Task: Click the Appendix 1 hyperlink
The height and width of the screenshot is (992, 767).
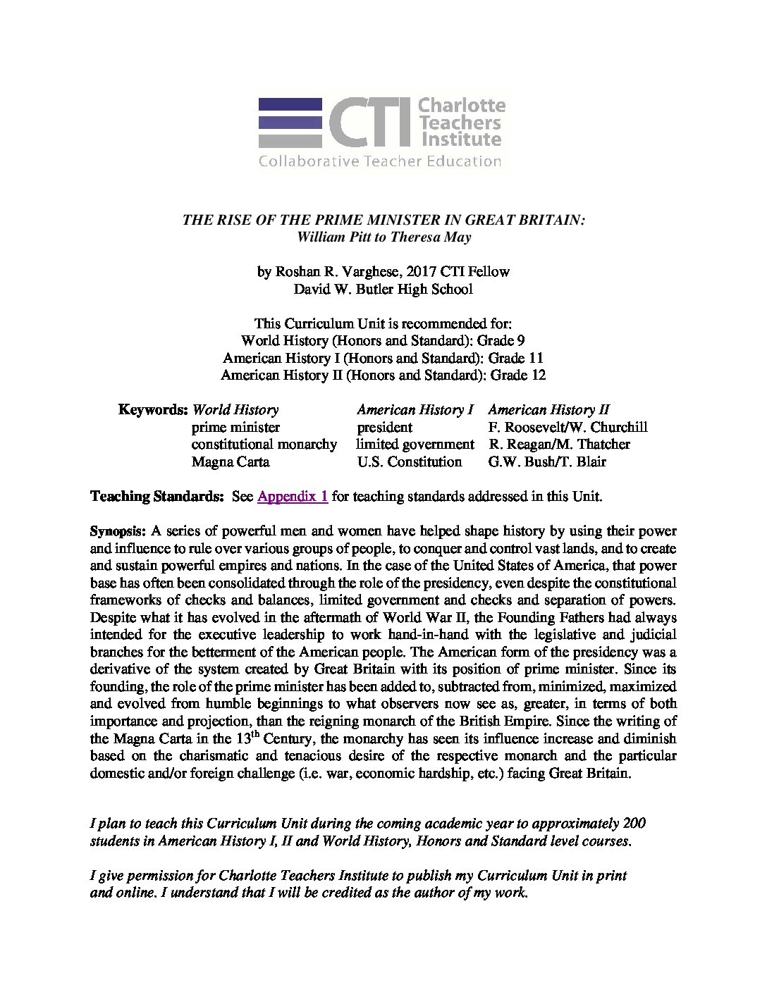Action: pyautogui.click(x=293, y=496)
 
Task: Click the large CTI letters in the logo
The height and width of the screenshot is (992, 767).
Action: pyautogui.click(x=369, y=123)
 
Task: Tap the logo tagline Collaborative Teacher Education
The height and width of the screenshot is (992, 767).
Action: pyautogui.click(x=379, y=161)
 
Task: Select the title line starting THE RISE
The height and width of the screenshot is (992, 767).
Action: pyautogui.click(x=383, y=220)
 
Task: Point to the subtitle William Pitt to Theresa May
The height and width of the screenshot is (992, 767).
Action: pyautogui.click(x=383, y=237)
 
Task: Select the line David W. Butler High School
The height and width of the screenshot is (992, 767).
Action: pyautogui.click(x=383, y=288)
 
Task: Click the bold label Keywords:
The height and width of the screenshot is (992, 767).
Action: pyautogui.click(x=153, y=409)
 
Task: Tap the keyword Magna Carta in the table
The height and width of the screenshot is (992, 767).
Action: pyautogui.click(x=231, y=461)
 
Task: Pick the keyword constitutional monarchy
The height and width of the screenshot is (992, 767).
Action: pyautogui.click(x=264, y=444)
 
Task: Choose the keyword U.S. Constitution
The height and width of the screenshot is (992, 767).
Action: pyautogui.click(x=409, y=461)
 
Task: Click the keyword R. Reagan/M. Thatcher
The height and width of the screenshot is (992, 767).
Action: pyautogui.click(x=558, y=444)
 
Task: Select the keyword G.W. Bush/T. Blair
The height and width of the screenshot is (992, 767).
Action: pyautogui.click(x=546, y=461)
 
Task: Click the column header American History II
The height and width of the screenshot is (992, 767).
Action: pyautogui.click(x=548, y=409)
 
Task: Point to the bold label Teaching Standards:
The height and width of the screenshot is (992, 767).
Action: pyautogui.click(x=157, y=496)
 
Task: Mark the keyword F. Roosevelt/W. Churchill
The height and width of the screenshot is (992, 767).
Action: pyautogui.click(x=567, y=427)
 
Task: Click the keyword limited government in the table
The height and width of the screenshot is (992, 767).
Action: pyautogui.click(x=415, y=444)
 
